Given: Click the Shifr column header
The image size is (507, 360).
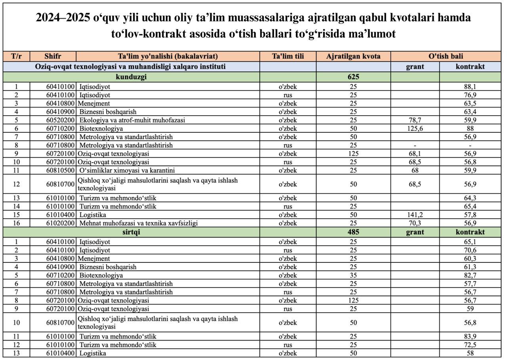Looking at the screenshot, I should click(x=53, y=56).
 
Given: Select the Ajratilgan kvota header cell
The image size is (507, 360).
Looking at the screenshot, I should click(x=353, y=56).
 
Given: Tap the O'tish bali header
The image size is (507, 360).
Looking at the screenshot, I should click(x=446, y=56).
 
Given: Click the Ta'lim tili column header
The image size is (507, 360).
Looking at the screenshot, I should click(x=288, y=56).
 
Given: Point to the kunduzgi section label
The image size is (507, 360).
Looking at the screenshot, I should click(x=131, y=77).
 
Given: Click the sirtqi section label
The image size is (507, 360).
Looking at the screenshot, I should click(x=131, y=232).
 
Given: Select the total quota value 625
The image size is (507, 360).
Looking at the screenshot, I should click(x=353, y=77).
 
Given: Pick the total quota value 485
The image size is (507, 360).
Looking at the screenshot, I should click(x=353, y=232).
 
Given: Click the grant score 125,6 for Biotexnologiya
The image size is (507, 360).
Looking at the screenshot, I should click(x=415, y=128).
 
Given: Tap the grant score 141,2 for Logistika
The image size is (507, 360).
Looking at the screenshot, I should click(x=415, y=215).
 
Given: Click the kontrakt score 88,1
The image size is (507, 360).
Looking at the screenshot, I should click(x=470, y=86).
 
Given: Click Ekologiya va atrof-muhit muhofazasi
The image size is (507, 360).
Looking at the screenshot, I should click(x=132, y=120).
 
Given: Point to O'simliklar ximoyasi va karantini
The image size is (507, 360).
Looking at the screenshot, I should click(x=127, y=170).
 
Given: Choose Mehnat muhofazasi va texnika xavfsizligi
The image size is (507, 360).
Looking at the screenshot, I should click(x=139, y=223).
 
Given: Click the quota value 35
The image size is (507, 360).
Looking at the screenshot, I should click(x=353, y=275).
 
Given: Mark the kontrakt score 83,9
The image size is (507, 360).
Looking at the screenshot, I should click(x=470, y=337).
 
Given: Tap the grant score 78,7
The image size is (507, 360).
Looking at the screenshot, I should click(x=415, y=120).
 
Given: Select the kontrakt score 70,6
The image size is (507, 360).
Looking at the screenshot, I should click(x=470, y=250).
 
